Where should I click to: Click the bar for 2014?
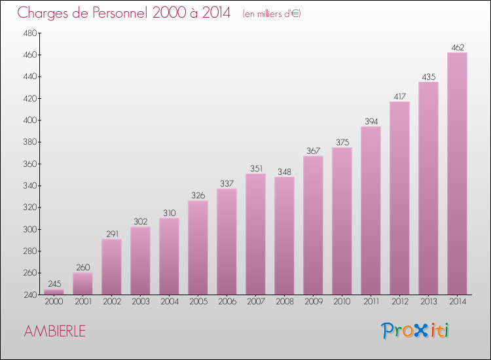click(x=457, y=173)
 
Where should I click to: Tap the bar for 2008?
click(x=284, y=236)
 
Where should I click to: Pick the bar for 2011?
click(x=371, y=211)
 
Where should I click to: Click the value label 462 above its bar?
click(x=457, y=47)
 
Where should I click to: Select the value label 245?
click(x=54, y=284)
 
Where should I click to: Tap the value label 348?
click(x=284, y=171)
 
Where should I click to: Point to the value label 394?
click(x=371, y=121)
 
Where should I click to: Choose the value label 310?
click(x=169, y=213)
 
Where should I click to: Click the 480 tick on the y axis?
click(x=29, y=33)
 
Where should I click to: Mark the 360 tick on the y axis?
click(x=29, y=164)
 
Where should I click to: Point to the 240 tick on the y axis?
click(x=29, y=295)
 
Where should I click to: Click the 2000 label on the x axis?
click(x=54, y=302)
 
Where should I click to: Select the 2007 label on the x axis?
click(x=255, y=302)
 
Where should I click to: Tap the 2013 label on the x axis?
click(x=428, y=302)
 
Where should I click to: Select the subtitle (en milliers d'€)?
click(x=271, y=13)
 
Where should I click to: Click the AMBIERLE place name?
click(x=54, y=331)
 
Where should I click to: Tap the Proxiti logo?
click(x=415, y=331)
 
